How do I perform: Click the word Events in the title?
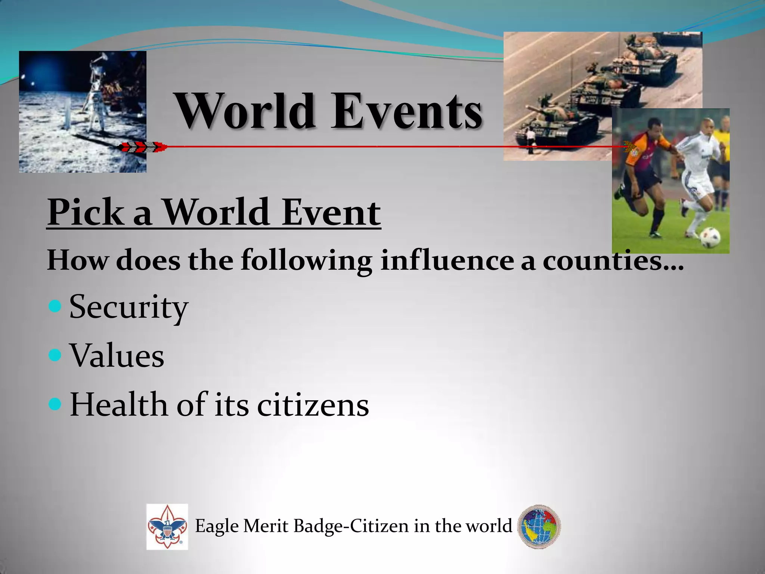click(x=407, y=111)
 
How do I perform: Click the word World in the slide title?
click(x=245, y=111)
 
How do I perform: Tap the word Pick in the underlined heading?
click(x=85, y=212)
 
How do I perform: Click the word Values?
click(x=117, y=355)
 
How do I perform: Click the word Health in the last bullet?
click(x=119, y=405)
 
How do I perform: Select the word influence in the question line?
click(x=447, y=260)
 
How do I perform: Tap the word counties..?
click(x=613, y=260)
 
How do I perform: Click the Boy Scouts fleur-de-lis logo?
click(x=167, y=527)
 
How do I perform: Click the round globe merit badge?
click(x=539, y=527)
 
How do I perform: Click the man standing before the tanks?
click(x=530, y=140)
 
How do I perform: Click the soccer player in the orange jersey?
click(x=648, y=172)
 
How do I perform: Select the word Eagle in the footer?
click(x=217, y=527)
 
